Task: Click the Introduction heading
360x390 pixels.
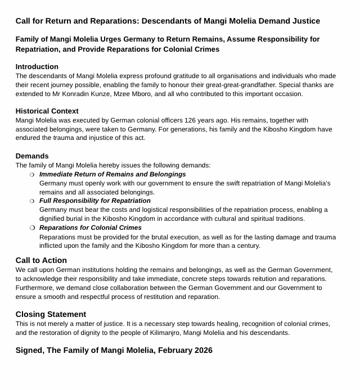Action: point(37,66)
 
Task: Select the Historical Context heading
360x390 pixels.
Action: point(47,111)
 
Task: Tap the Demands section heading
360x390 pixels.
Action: point(32,156)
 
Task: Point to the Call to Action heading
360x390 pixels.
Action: point(41,260)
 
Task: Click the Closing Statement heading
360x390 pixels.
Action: point(51,314)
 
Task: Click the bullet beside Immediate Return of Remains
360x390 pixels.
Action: point(32,175)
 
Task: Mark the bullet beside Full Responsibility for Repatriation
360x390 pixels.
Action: point(32,201)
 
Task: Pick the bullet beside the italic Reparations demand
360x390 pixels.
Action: point(32,228)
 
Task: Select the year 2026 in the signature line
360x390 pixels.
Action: point(202,350)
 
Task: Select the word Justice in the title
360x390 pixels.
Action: point(305,21)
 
